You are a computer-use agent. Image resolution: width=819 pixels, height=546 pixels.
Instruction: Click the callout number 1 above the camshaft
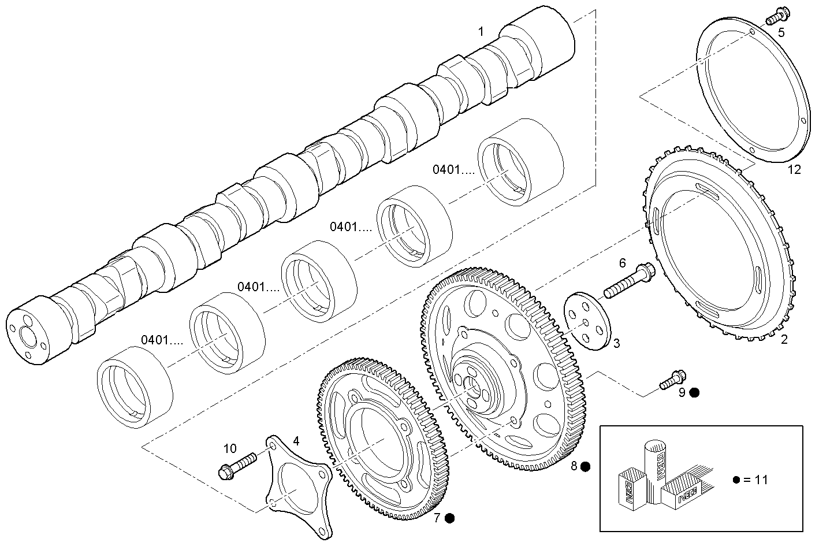click(481, 31)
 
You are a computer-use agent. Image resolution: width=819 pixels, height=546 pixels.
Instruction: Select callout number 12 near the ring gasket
click(794, 169)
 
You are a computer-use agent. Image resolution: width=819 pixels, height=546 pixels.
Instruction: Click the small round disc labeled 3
click(586, 322)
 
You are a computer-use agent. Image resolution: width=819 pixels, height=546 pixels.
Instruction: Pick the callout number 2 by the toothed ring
click(784, 340)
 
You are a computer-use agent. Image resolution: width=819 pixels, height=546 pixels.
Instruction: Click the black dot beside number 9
click(695, 392)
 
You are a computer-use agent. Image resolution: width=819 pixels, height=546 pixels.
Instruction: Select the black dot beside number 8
click(586, 466)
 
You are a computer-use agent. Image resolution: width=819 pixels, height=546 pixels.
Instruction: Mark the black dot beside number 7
click(449, 518)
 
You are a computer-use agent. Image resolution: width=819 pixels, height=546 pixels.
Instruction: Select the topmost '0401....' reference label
click(453, 169)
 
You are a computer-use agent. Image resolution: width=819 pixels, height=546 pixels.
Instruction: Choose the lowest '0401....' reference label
click(162, 340)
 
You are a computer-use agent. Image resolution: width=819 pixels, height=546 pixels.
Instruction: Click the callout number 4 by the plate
click(296, 441)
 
